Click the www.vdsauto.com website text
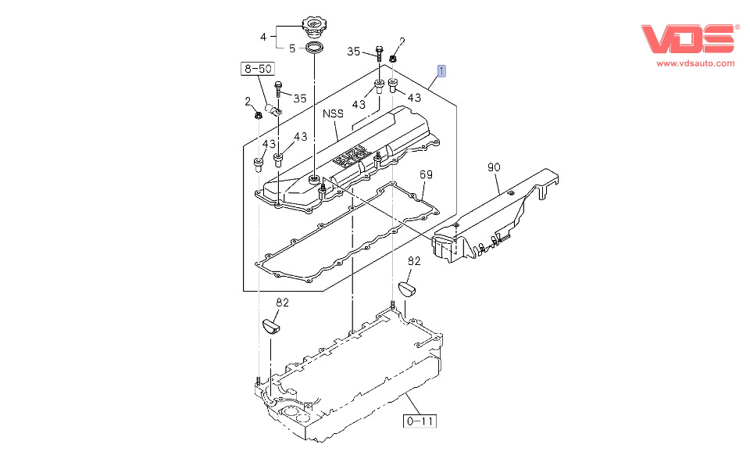pyautogui.click(x=695, y=63)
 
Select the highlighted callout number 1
pyautogui.click(x=442, y=72)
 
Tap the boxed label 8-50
pyautogui.click(x=257, y=69)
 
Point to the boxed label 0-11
pyautogui.click(x=420, y=421)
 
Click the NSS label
pyautogui.click(x=334, y=113)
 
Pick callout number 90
pyautogui.click(x=493, y=167)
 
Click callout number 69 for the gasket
pyautogui.click(x=426, y=174)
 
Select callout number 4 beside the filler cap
pyautogui.click(x=263, y=36)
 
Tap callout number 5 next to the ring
pyautogui.click(x=292, y=48)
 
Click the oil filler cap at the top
pyautogui.click(x=316, y=25)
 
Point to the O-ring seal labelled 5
pyautogui.click(x=315, y=50)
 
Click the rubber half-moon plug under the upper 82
pyautogui.click(x=409, y=289)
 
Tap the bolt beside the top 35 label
pyautogui.click(x=378, y=54)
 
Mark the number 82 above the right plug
pyautogui.click(x=414, y=261)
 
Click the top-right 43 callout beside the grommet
pyautogui.click(x=414, y=98)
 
